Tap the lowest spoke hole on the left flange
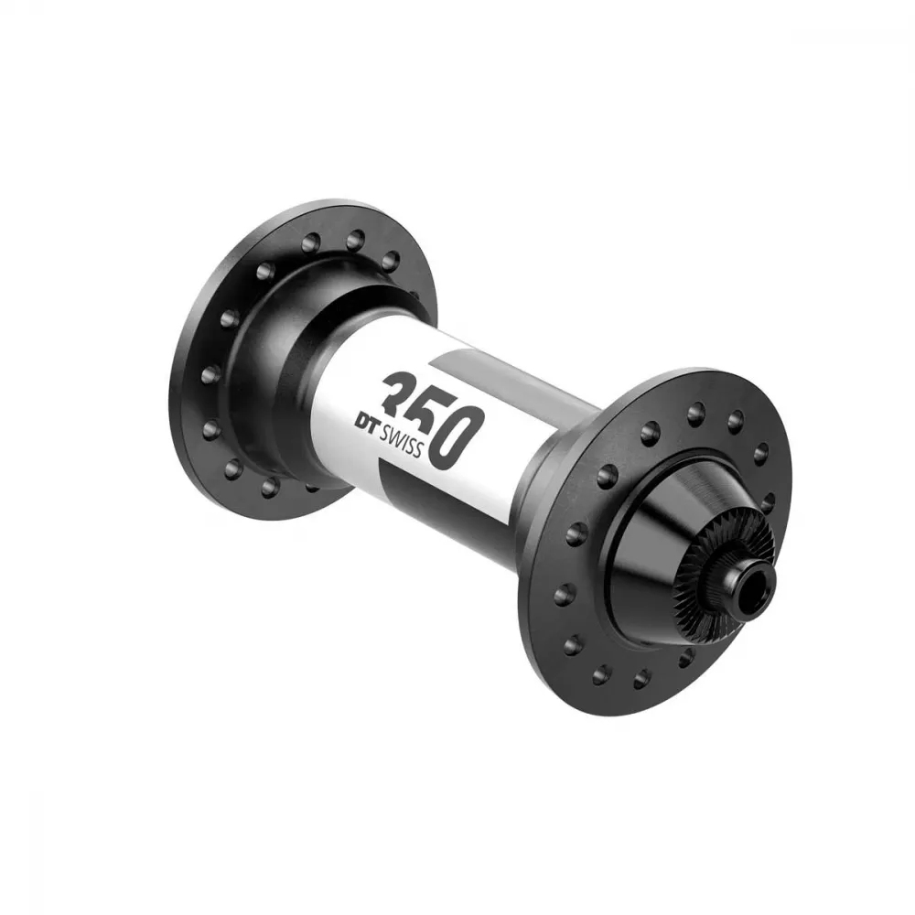click(269, 488)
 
